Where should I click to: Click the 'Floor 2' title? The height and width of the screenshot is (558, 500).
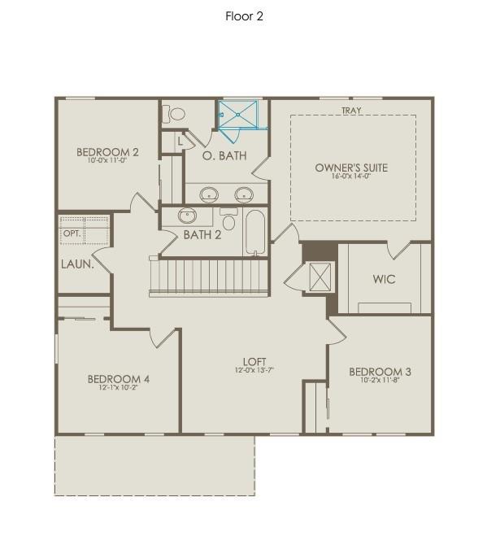(244, 16)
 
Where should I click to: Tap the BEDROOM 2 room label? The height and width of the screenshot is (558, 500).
(107, 151)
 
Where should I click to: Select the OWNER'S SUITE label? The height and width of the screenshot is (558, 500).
(351, 168)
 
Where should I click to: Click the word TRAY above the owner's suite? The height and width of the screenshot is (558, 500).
(351, 111)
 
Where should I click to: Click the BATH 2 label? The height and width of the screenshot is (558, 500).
(202, 235)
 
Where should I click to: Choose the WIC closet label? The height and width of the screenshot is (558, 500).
(384, 279)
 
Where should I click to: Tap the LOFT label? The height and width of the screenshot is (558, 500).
(254, 362)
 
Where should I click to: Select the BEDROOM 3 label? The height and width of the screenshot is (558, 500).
(380, 372)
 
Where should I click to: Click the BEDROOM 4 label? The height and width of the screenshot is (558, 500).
(119, 379)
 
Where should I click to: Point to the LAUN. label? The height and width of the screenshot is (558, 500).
(76, 264)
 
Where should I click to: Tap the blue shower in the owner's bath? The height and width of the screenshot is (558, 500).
(241, 116)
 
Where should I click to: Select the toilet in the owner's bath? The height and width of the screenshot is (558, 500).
(172, 115)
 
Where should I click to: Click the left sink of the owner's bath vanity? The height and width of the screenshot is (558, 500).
(210, 194)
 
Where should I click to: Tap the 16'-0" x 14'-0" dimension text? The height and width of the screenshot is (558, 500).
(351, 177)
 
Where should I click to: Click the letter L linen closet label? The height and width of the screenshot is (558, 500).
(180, 142)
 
